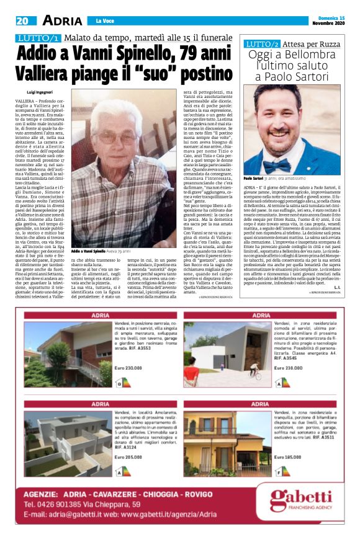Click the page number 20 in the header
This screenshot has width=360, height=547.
point(23,20)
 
